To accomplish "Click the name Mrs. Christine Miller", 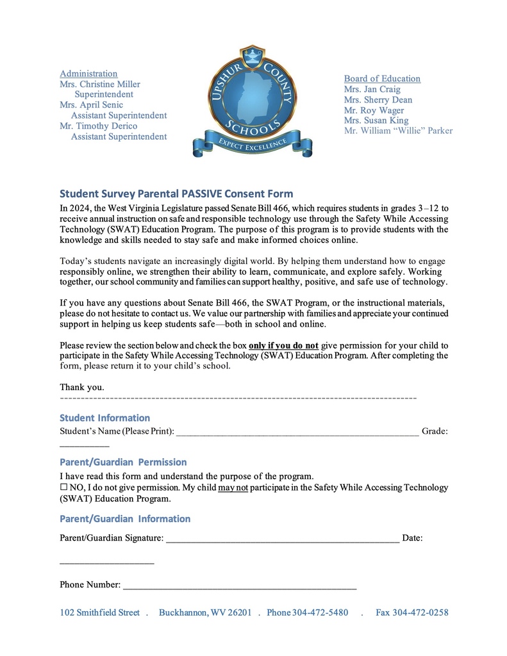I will pos(100,84).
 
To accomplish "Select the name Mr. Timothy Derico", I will pos(98,126).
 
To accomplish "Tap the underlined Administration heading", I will pos(88,74).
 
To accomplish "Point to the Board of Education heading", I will pos(382,79).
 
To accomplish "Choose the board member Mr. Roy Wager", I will pos(374,110).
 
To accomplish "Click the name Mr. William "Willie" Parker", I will pos(398,131).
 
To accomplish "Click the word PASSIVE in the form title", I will pos(202,193).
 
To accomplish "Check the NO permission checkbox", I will pos(63,488).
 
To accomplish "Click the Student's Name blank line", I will pos(297,432).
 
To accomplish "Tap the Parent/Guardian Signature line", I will pos(282,539).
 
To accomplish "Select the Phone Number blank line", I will pos(239,585).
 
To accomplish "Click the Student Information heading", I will pos(104,418).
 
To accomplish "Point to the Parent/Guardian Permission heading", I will pos(123,462).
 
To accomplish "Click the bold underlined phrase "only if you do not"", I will pos(283,345).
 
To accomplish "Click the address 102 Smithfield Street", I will pos(99,612).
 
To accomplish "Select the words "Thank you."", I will pos(82,387).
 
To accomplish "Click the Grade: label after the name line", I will pos(435,432).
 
